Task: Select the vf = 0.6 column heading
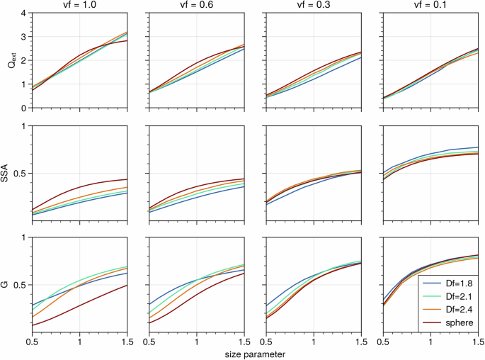(196, 6)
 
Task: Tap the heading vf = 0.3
(313, 6)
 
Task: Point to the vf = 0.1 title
(430, 6)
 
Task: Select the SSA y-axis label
(8, 172)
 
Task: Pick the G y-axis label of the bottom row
(8, 284)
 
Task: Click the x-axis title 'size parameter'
(255, 353)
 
